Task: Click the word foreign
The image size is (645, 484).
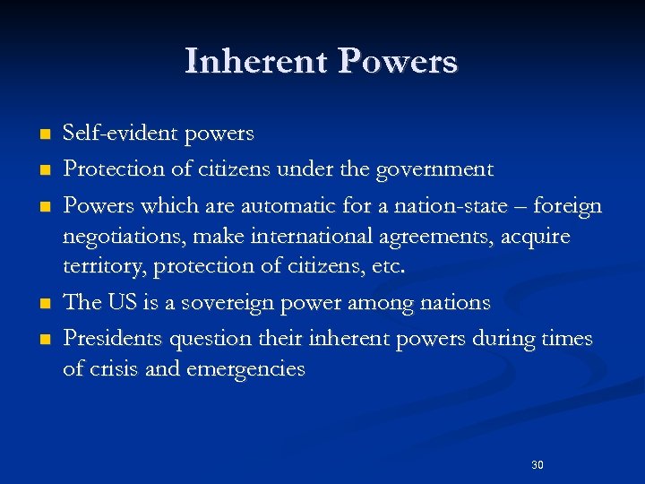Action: click(566, 206)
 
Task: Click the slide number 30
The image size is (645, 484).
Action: click(537, 465)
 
